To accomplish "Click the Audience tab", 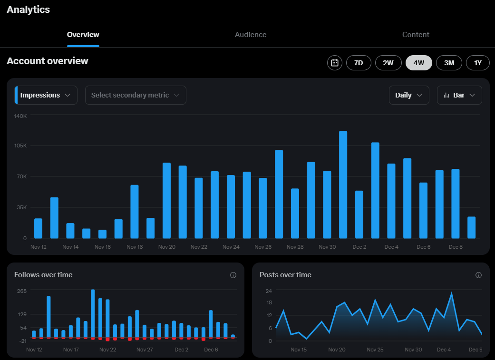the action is [250, 35].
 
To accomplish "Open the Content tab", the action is [416, 35].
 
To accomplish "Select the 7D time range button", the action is [359, 63].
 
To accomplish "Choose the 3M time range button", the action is [449, 63].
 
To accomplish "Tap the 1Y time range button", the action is [477, 63].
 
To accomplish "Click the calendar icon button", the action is [335, 63].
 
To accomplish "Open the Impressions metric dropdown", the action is [46, 95].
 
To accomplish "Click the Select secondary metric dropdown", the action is [136, 95].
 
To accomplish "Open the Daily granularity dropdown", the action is [409, 95].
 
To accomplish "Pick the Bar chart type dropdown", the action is [459, 95].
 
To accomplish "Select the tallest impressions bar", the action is [343, 185].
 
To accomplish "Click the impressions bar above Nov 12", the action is [38, 228].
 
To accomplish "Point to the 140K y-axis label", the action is [20, 116].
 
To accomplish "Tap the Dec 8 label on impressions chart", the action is [456, 247].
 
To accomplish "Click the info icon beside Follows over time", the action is [233, 275].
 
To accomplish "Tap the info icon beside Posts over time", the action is [478, 275].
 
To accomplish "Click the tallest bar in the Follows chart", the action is [93, 313].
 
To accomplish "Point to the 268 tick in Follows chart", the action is [22, 291].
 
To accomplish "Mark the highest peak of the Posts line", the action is [451, 293].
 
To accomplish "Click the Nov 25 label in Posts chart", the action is [375, 350].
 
